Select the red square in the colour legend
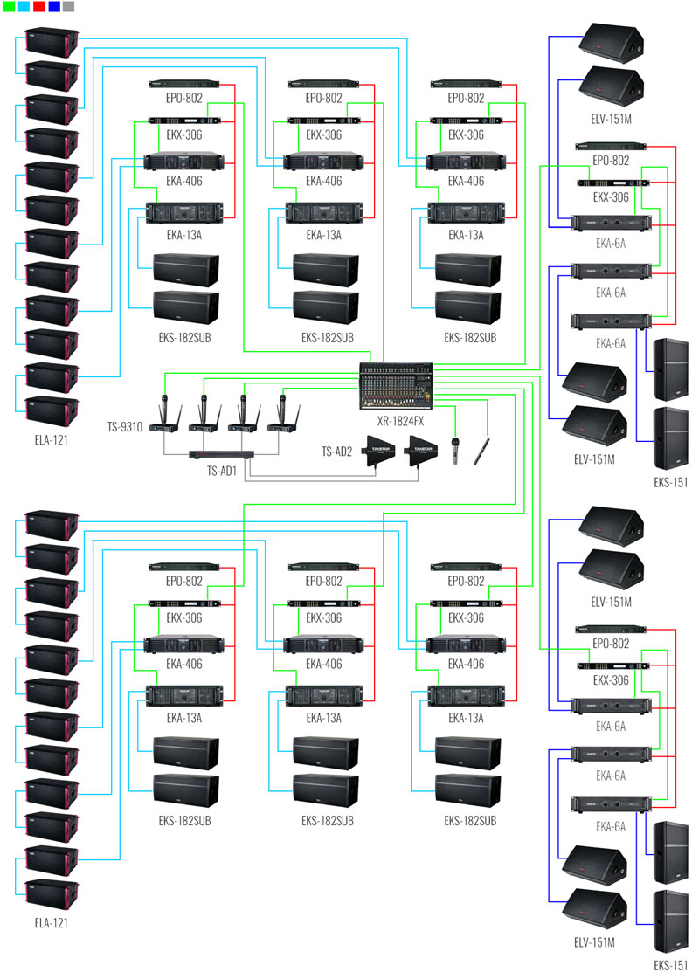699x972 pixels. coord(39,6)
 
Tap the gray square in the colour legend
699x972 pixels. coord(69,6)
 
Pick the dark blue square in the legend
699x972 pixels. coord(54,6)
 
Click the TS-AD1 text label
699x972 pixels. coord(222,470)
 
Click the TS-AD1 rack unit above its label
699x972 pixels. coord(222,455)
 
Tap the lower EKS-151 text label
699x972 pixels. coord(669,965)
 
